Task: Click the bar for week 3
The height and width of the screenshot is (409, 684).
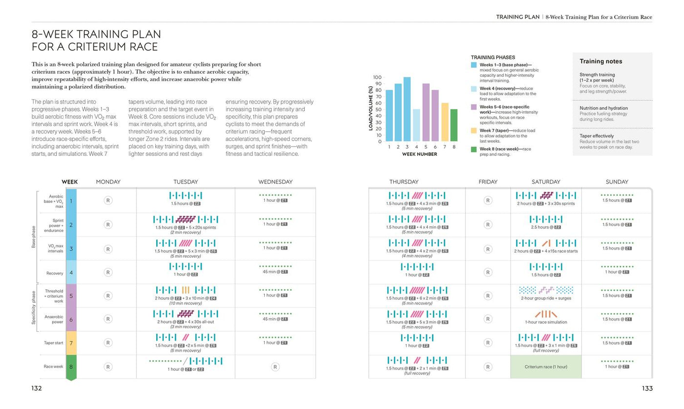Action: [407, 109]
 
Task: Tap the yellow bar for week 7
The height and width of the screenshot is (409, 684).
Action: [445, 122]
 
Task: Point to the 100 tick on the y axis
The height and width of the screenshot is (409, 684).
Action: [377, 77]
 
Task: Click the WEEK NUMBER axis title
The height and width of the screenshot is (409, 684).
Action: [420, 154]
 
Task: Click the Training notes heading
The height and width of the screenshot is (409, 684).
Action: [601, 62]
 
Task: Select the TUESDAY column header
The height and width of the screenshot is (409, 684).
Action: [186, 182]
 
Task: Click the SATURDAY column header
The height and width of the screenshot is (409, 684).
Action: [546, 182]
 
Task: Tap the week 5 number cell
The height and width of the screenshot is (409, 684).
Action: [71, 296]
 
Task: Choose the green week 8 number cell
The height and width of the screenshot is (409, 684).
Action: [71, 367]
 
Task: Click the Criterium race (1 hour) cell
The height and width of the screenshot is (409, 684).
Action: [546, 366]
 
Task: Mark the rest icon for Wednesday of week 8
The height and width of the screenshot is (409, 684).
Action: [275, 366]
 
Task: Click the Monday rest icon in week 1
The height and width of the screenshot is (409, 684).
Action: [108, 200]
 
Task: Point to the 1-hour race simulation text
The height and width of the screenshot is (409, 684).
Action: [546, 322]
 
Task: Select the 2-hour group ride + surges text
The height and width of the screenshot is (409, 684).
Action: [546, 298]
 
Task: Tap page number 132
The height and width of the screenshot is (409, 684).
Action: [37, 388]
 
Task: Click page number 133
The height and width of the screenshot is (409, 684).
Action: [647, 388]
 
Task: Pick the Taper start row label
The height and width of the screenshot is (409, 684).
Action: [53, 343]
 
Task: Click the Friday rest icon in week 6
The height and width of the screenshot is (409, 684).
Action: [487, 319]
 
